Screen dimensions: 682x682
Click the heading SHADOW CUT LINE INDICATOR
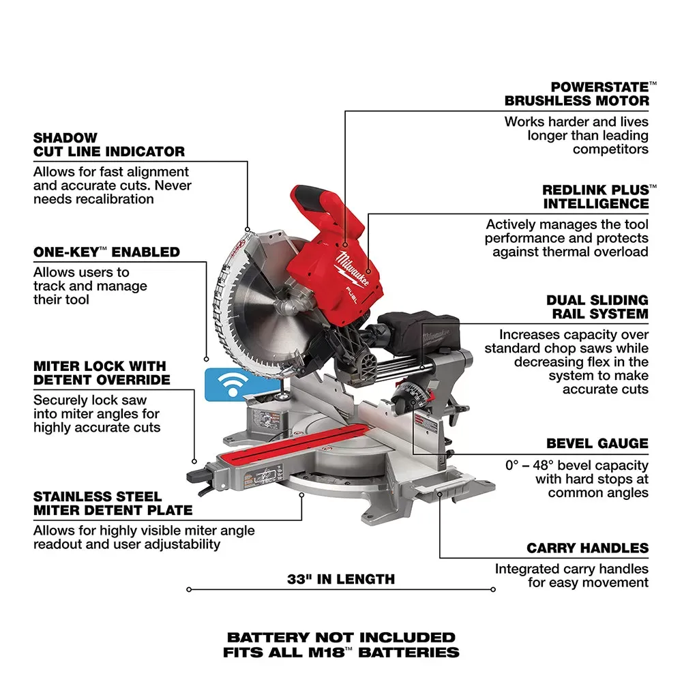pyautogui.click(x=109, y=145)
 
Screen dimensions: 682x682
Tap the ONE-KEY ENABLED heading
pyautogui.click(x=106, y=252)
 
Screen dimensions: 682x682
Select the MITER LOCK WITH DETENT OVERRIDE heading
pyautogui.click(x=102, y=373)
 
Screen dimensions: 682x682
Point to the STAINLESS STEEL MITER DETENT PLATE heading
pyautogui.click(x=113, y=503)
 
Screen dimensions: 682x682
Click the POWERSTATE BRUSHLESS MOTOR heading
pyautogui.click(x=577, y=93)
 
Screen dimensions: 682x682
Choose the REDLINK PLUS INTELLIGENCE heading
pyautogui.click(x=595, y=196)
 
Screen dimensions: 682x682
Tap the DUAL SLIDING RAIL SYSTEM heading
pyautogui.click(x=597, y=307)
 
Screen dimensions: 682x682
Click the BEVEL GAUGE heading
pyautogui.click(x=597, y=443)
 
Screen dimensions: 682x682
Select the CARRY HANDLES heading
pyautogui.click(x=587, y=548)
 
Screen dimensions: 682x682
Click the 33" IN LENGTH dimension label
pyautogui.click(x=341, y=580)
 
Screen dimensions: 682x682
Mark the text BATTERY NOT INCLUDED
pyautogui.click(x=341, y=638)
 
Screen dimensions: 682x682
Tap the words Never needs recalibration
pyautogui.click(x=94, y=192)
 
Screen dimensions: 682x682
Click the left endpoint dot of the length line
pyautogui.click(x=188, y=589)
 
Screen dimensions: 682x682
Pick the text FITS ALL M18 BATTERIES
pyautogui.click(x=341, y=653)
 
